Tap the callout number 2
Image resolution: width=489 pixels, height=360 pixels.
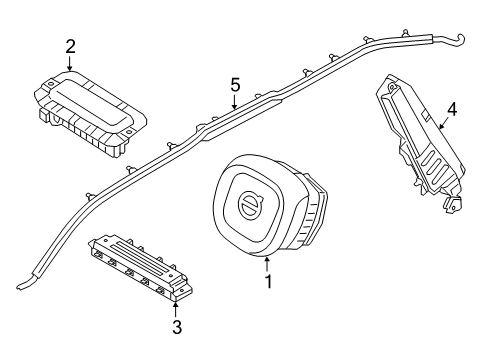pos(70,45)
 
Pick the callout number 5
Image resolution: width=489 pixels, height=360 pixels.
pos(234,86)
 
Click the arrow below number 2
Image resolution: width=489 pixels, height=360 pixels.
pos(70,63)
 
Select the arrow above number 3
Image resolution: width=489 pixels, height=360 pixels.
pos(176,307)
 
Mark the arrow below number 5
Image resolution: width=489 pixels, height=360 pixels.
pos(234,102)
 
